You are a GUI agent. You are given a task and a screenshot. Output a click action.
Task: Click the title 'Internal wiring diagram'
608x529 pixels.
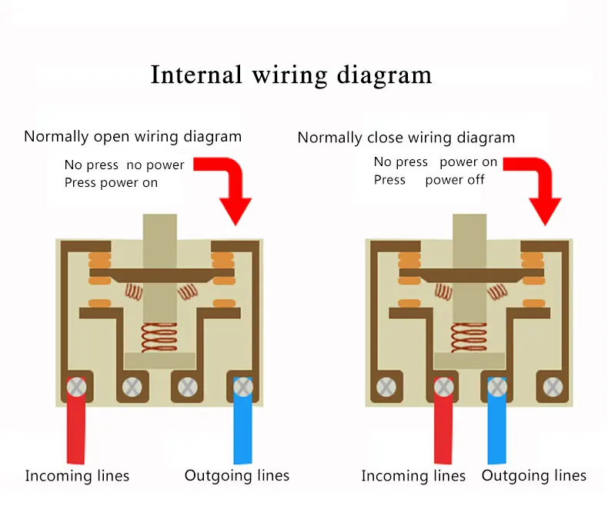[291, 75]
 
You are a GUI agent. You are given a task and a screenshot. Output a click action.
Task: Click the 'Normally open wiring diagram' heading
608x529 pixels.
[132, 137]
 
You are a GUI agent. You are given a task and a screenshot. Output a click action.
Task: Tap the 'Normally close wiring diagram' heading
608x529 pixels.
[406, 138]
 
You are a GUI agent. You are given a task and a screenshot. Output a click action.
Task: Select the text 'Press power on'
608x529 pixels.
[111, 183]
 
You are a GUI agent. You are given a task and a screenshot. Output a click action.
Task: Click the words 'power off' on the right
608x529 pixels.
[454, 180]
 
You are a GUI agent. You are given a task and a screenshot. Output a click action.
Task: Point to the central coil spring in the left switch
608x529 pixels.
[159, 338]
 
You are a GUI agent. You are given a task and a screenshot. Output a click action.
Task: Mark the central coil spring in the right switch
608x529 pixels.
[469, 338]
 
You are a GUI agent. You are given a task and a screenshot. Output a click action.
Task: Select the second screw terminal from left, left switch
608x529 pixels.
[132, 387]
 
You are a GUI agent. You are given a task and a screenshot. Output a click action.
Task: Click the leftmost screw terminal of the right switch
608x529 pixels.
[386, 387]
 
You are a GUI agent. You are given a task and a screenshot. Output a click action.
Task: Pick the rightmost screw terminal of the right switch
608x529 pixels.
[553, 387]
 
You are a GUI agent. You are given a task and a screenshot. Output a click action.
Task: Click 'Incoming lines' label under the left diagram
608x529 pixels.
[77, 476]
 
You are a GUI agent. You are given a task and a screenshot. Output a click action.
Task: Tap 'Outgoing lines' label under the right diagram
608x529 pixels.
[534, 475]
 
